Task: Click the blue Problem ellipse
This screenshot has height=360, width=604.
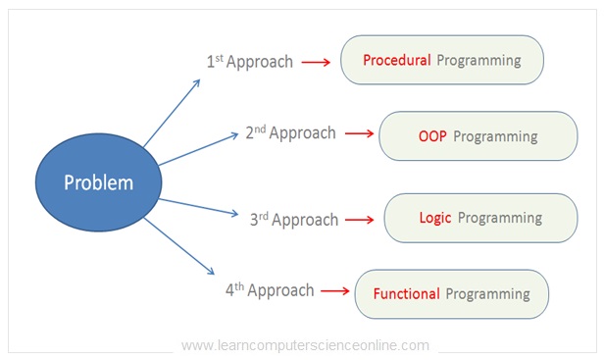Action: point(98,183)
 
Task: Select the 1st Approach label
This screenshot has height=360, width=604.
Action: point(249,62)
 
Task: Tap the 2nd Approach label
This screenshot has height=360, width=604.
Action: point(290,133)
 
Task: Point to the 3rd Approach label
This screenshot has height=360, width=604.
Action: point(294,219)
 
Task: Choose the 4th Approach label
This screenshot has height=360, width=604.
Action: point(270,290)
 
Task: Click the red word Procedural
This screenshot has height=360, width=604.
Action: point(397,60)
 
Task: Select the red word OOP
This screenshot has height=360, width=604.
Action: point(432,136)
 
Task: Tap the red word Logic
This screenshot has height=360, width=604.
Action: point(435,218)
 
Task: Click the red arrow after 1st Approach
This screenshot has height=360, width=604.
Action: point(316,62)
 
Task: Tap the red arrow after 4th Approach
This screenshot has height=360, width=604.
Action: point(335,291)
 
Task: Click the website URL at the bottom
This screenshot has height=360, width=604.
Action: point(305,345)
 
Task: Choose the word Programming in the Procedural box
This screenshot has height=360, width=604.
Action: point(478,60)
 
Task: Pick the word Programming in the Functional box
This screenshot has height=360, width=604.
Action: point(487,293)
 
